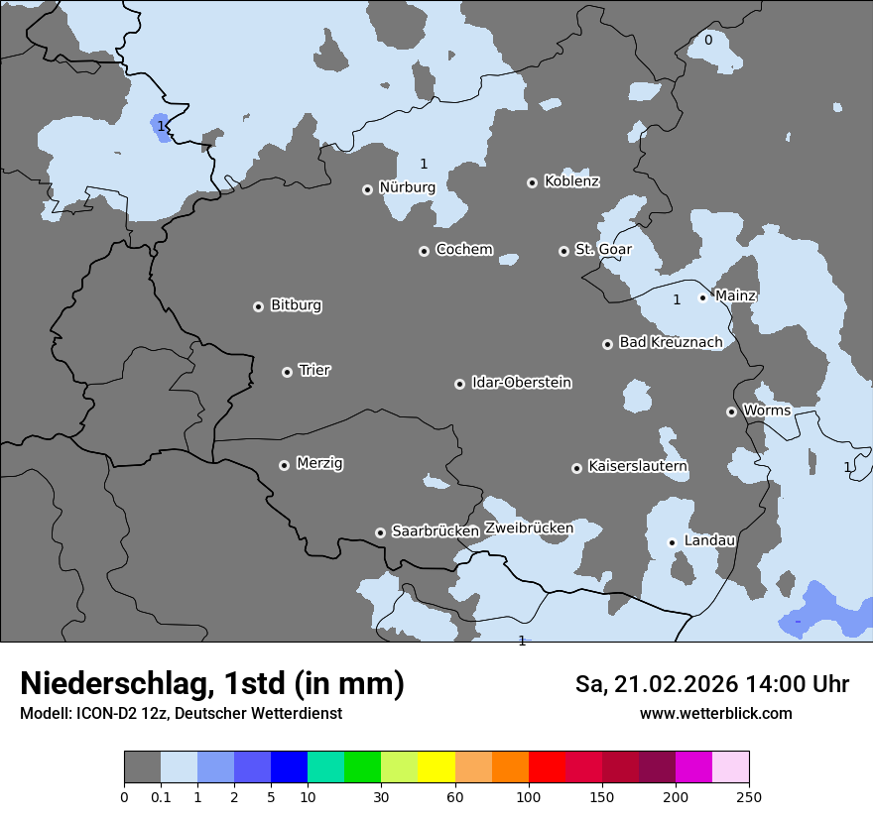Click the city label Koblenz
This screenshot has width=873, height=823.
click(x=571, y=181)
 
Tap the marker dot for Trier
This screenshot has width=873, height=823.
click(x=288, y=372)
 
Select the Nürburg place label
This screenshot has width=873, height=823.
click(x=407, y=187)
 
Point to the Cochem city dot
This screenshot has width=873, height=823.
click(x=424, y=251)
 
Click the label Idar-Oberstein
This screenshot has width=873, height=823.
click(x=521, y=383)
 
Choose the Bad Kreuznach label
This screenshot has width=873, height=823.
click(x=671, y=342)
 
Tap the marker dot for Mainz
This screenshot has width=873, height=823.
click(x=702, y=296)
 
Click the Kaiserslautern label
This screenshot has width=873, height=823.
click(x=637, y=466)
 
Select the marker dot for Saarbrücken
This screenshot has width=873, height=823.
click(x=380, y=532)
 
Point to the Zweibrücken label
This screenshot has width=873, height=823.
click(x=529, y=529)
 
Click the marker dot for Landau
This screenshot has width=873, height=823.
click(x=672, y=541)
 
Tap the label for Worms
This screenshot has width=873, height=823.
click(x=767, y=411)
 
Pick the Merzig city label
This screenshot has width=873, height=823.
click(x=320, y=463)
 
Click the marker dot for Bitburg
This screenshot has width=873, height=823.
click(x=258, y=306)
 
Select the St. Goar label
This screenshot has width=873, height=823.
click(x=603, y=249)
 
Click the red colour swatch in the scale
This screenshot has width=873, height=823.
click(x=547, y=767)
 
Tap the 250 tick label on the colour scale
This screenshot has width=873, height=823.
click(x=748, y=796)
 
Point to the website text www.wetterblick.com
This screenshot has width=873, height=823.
click(x=715, y=713)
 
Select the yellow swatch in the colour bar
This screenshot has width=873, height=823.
click(x=436, y=767)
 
